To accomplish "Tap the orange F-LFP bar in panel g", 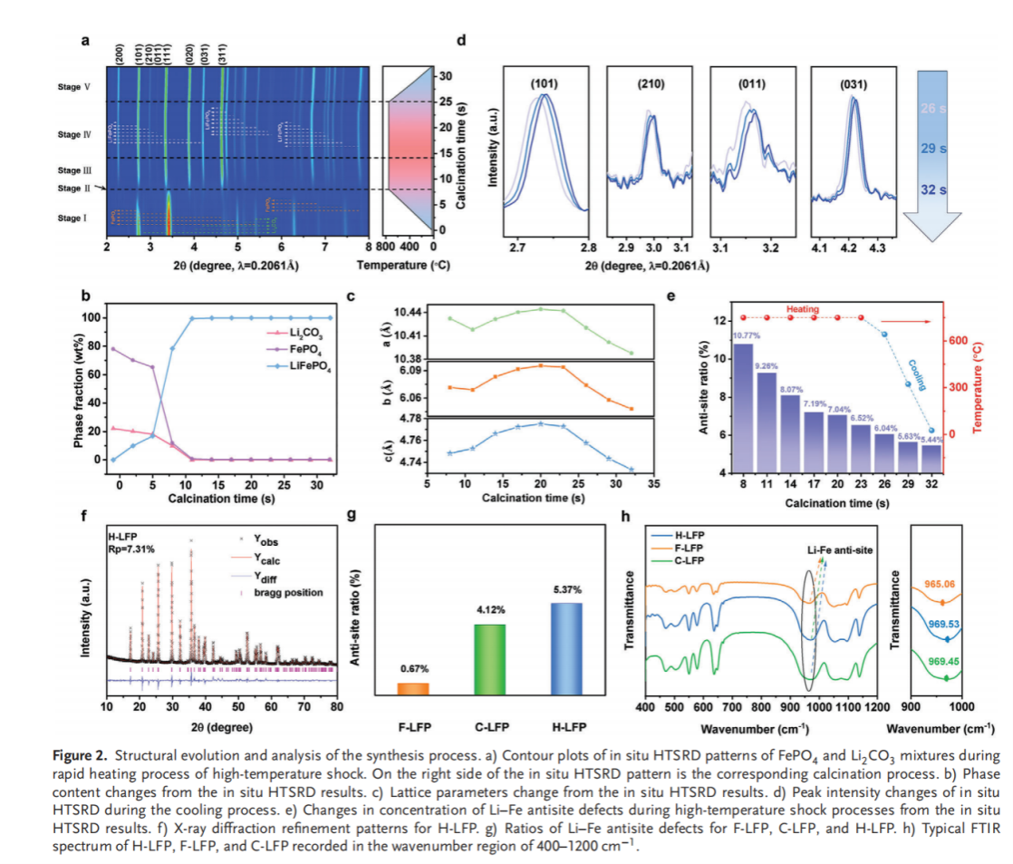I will tap(413, 689).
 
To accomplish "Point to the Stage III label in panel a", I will tap(74, 170).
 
